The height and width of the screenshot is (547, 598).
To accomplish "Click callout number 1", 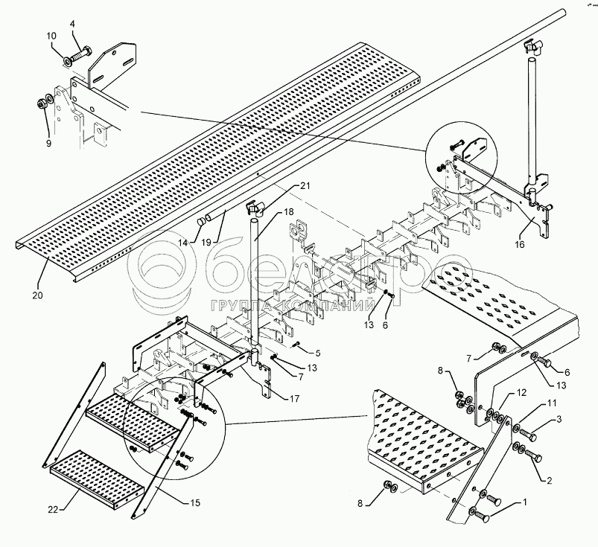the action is coord(525,502).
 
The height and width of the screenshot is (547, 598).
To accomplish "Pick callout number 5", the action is coord(318,352).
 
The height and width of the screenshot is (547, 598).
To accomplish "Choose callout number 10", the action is coord(51,36).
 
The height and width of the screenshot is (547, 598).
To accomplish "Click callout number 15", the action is coord(195,504).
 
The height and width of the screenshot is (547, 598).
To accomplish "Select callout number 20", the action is coord(37,295).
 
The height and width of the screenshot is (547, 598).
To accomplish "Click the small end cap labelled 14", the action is coord(200,222).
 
